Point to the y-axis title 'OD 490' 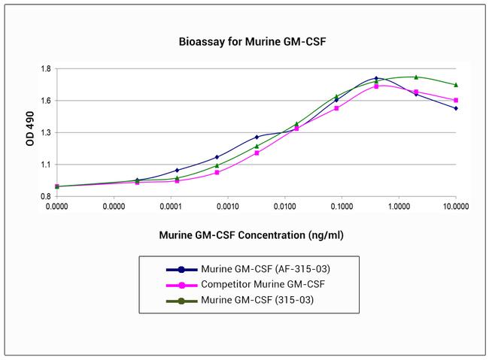click(x=31, y=132)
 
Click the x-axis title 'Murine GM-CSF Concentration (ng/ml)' click(x=251, y=234)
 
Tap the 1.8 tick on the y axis click(x=46, y=69)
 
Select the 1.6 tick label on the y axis click(x=46, y=101)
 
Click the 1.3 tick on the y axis click(x=46, y=133)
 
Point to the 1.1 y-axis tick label click(x=46, y=165)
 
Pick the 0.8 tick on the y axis click(x=46, y=196)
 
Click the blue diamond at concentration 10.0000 click(x=456, y=108)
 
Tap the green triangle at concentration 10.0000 click(x=456, y=84)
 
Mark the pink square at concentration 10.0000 click(x=456, y=100)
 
